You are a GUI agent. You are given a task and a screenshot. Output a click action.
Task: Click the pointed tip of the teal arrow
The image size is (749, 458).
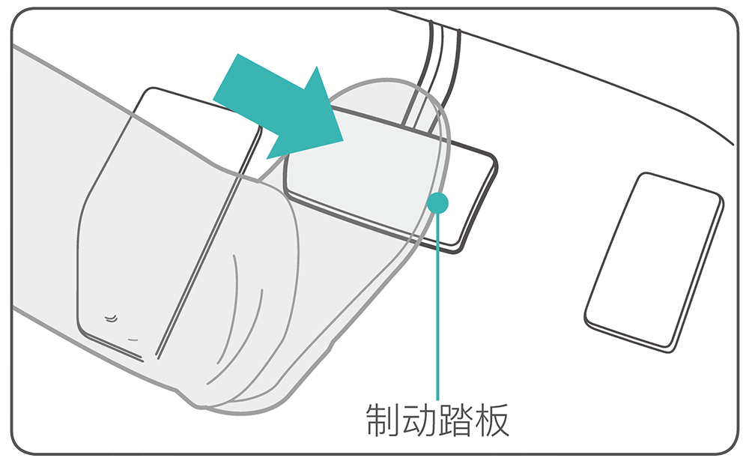342,141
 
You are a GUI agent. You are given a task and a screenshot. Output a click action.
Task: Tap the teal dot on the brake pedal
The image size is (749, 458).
437,203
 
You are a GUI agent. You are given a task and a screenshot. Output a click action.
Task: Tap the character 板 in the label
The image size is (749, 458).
492,420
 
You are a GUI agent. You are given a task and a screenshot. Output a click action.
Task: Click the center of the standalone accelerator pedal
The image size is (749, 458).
653,262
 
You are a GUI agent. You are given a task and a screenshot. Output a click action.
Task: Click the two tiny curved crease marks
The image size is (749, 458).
111,318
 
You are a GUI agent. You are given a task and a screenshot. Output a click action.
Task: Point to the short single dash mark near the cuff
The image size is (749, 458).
133,340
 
